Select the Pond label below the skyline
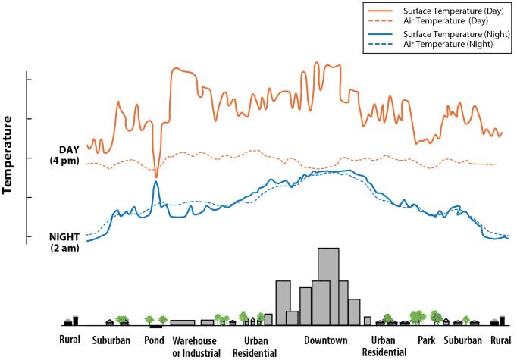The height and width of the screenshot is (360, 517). click(x=155, y=340)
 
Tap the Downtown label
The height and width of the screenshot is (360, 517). click(x=325, y=340)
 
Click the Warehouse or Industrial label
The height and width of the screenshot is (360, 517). click(x=196, y=346)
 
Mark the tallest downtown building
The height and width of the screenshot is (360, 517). click(x=328, y=284)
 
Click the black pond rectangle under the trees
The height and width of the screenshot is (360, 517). click(x=155, y=326)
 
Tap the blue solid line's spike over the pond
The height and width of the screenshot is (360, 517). click(x=155, y=182)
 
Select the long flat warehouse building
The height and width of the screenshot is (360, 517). click(x=183, y=322)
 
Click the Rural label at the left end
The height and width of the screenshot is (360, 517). click(x=70, y=340)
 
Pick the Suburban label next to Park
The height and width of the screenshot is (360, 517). click(x=464, y=340)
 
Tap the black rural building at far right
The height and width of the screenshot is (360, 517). click(x=502, y=320)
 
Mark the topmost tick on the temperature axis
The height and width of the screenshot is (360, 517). click(x=28, y=80)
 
